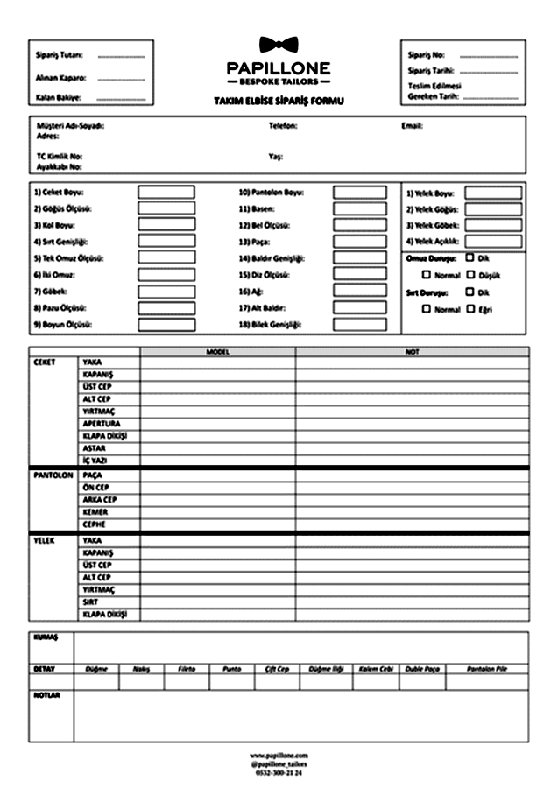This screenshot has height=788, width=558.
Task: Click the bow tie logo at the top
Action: [279, 45]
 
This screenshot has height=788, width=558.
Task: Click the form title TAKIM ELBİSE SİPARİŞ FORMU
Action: [279, 102]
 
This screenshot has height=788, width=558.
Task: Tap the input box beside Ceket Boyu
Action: [166, 192]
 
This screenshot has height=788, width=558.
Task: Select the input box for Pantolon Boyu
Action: [359, 192]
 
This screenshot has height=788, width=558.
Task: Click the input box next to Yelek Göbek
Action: [492, 225]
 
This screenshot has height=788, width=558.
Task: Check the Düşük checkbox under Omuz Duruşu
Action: [470, 274]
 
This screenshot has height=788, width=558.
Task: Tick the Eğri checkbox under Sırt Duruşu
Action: [470, 309]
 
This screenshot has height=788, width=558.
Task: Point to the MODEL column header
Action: [217, 352]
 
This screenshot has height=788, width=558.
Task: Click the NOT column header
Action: [412, 352]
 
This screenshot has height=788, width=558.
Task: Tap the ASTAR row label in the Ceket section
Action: [95, 447]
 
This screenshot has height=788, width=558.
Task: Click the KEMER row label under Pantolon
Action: [95, 511]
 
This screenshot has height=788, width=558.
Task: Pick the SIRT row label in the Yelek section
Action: [92, 602]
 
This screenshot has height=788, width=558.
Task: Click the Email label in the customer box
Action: [412, 126]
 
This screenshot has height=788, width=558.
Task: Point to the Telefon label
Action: [283, 126]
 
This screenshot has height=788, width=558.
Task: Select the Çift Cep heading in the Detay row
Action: [277, 668]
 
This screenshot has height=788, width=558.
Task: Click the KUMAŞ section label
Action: [45, 637]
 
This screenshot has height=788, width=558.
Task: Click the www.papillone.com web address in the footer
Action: [279, 754]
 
